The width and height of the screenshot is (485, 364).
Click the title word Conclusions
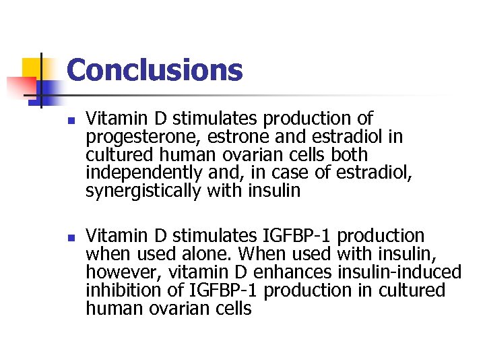[154, 69]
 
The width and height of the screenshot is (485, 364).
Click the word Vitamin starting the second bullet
[110, 237]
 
